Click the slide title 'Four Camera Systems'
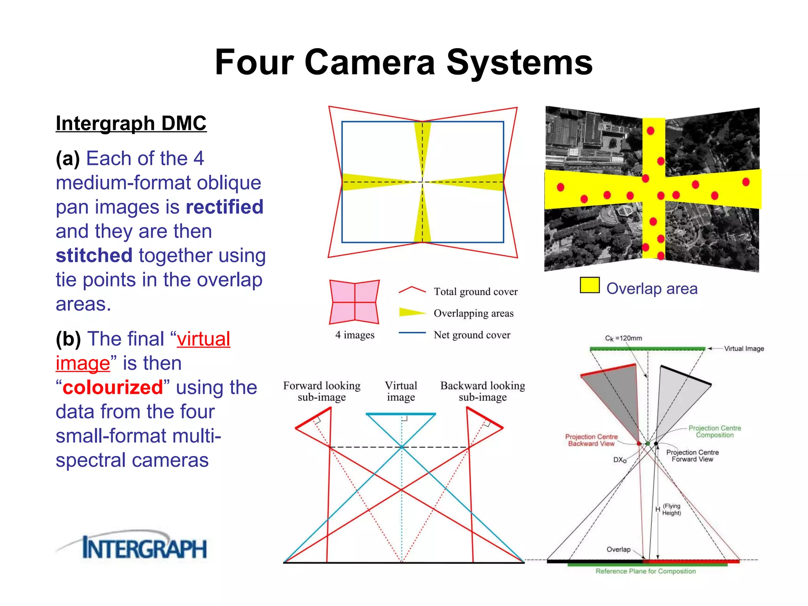click(404, 62)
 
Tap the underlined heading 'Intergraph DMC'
click(131, 123)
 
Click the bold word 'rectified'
click(224, 207)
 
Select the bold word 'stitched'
click(94, 256)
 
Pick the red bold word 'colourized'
click(113, 387)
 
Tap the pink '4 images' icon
click(354, 302)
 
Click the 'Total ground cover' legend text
click(475, 292)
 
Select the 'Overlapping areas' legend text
click(473, 313)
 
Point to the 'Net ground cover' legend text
click(472, 335)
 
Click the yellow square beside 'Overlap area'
click(589, 285)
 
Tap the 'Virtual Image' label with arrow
click(744, 349)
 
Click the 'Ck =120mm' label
click(623, 338)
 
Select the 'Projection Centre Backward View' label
click(591, 440)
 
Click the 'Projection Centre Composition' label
click(714, 431)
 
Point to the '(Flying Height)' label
click(671, 509)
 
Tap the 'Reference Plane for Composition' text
click(645, 571)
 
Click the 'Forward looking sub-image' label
click(322, 391)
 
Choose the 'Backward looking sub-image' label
click(483, 391)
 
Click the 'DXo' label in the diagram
click(620, 460)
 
